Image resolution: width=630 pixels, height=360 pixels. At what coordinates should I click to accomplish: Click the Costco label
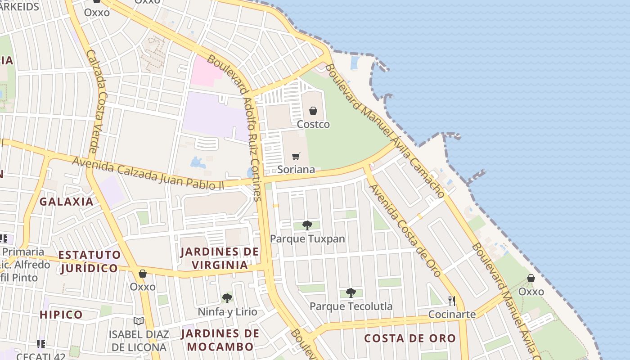click(313, 124)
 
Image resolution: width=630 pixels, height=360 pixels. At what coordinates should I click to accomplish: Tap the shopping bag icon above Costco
click(313, 111)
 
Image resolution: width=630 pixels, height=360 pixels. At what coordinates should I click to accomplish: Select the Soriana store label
click(296, 170)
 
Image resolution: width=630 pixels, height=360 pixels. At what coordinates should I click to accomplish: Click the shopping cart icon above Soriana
click(296, 156)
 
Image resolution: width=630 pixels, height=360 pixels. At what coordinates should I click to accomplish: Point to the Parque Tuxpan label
click(307, 239)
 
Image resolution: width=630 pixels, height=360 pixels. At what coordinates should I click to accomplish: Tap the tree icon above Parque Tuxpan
click(307, 225)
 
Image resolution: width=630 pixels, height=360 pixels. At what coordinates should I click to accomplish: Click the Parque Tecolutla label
click(351, 306)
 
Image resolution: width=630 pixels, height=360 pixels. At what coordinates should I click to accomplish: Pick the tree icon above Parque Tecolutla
click(351, 293)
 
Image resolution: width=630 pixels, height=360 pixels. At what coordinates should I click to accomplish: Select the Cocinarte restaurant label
click(452, 314)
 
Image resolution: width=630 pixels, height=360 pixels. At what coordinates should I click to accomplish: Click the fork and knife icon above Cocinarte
click(452, 301)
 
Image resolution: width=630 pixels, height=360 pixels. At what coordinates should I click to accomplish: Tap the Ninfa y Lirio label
click(228, 311)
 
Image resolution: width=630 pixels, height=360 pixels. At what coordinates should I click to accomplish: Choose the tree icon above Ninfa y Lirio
click(227, 298)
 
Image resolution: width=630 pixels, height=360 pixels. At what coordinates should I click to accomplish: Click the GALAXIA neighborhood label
click(66, 201)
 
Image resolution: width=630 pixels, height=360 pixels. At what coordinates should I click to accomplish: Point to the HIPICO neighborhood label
click(61, 315)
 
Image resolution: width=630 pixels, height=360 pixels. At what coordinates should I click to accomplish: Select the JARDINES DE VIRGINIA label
click(220, 258)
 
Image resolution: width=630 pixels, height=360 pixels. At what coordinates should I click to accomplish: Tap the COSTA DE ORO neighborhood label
click(410, 338)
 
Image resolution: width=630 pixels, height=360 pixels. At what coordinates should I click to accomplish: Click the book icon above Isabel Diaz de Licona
click(139, 321)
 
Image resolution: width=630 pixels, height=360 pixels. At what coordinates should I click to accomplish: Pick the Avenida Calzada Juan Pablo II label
click(148, 173)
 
